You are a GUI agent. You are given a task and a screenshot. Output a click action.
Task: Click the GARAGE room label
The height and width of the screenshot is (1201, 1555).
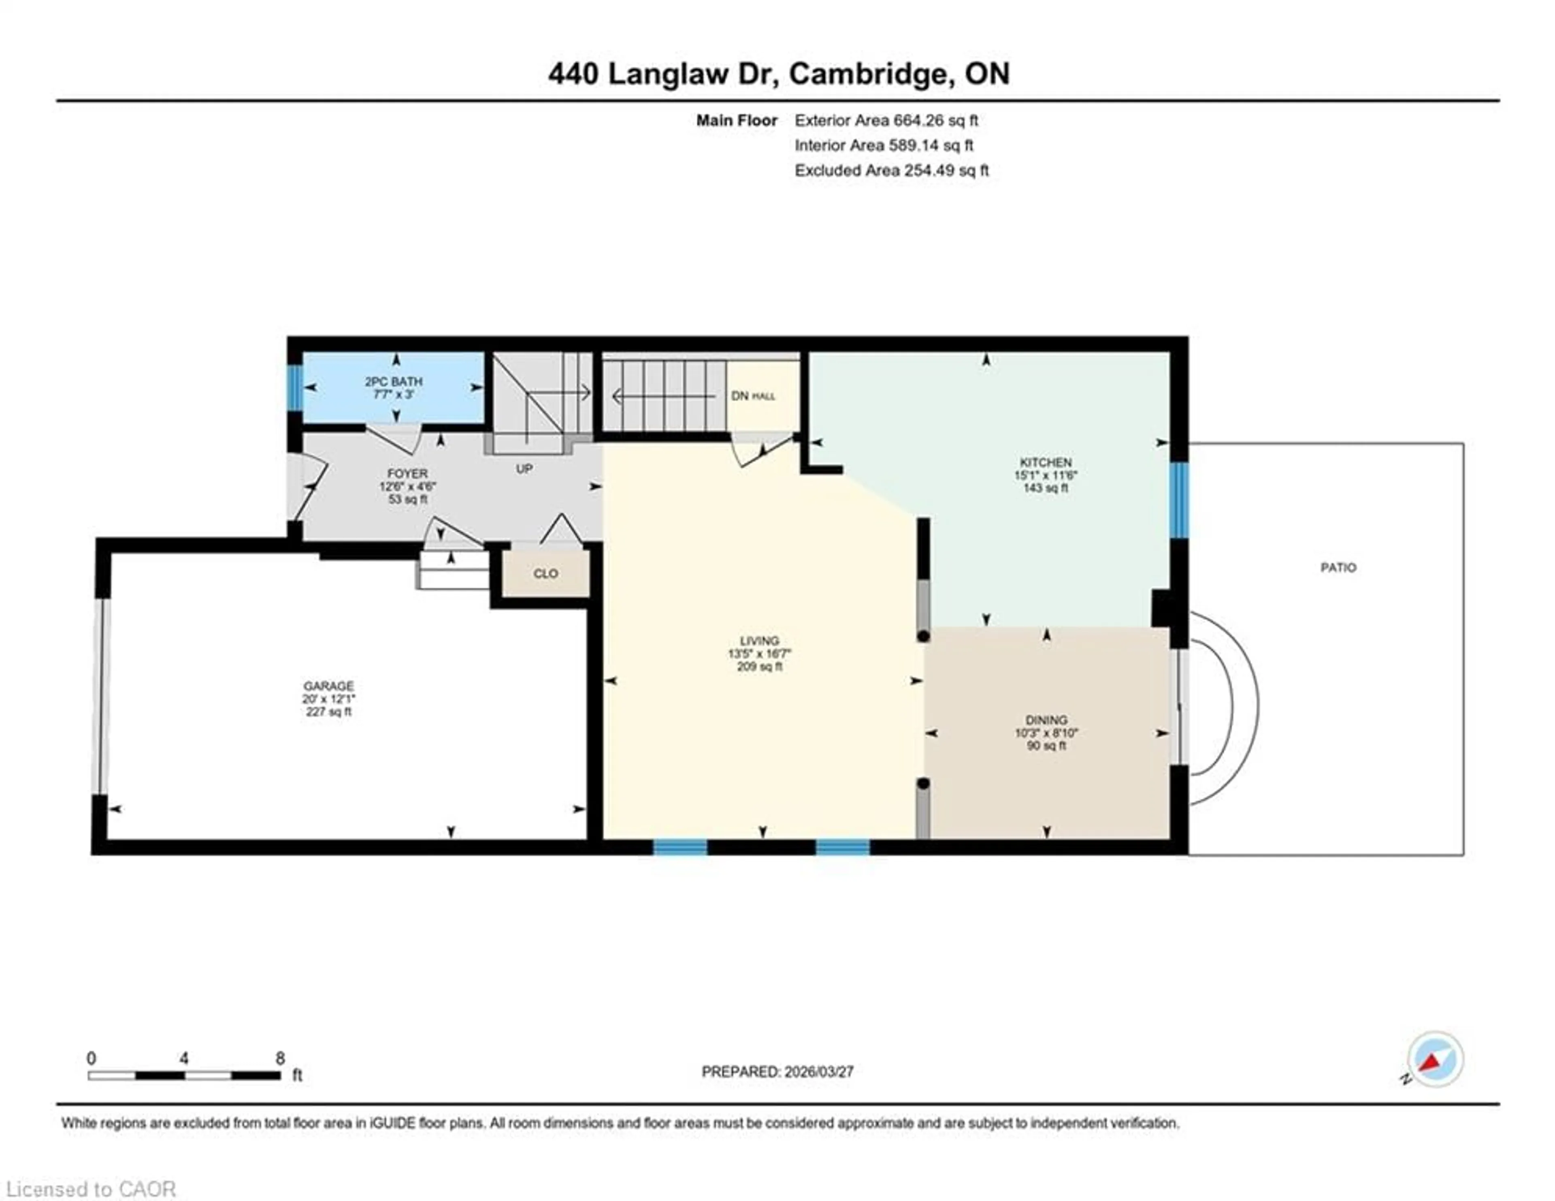click(x=328, y=686)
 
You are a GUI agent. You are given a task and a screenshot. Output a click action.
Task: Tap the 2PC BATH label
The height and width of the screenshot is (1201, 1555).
click(x=394, y=382)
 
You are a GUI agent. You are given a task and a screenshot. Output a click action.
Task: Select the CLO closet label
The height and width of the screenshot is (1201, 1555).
click(x=546, y=573)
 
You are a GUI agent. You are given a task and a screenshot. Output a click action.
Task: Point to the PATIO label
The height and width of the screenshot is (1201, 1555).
click(x=1338, y=568)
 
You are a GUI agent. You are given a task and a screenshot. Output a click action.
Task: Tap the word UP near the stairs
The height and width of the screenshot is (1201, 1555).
click(x=524, y=469)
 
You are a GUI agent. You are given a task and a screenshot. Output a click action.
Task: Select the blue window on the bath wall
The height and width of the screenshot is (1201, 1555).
click(x=295, y=387)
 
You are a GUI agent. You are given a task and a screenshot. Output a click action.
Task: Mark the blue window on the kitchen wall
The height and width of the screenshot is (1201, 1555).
click(x=1179, y=500)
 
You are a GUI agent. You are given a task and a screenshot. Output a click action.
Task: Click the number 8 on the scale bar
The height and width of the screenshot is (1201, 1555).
click(x=281, y=1058)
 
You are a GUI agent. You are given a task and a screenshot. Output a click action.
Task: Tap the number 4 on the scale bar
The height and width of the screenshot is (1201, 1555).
click(x=184, y=1058)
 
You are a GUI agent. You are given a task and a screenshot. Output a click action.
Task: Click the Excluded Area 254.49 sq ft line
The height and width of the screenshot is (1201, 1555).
click(x=891, y=170)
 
